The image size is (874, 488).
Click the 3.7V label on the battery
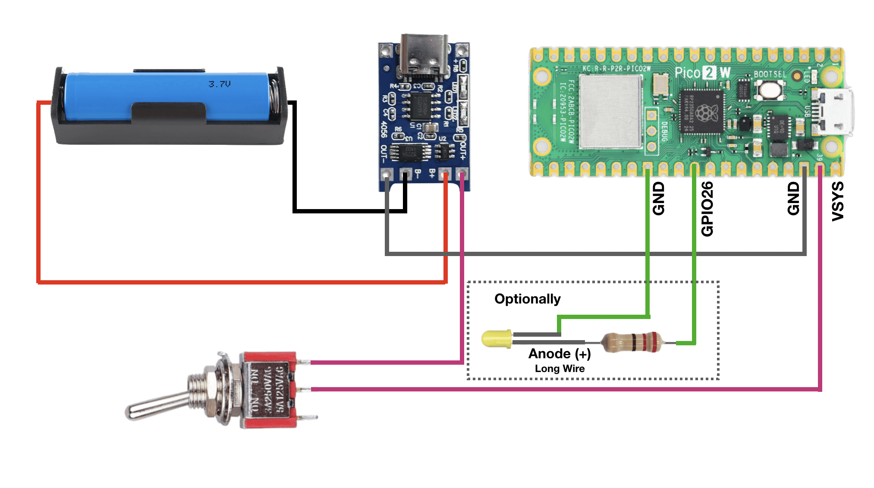(x=220, y=84)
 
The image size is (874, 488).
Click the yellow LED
(x=497, y=339)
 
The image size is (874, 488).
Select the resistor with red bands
(x=632, y=342)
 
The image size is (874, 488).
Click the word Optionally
(x=527, y=299)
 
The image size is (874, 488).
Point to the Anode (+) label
(x=560, y=354)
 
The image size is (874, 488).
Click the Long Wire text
(x=560, y=369)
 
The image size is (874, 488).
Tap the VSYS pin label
(x=837, y=201)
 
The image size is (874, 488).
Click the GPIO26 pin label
(x=707, y=209)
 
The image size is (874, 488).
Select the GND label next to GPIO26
(x=658, y=198)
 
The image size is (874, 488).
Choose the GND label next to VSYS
(x=793, y=198)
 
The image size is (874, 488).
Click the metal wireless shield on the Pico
(x=610, y=112)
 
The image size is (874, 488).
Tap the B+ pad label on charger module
(x=432, y=174)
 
